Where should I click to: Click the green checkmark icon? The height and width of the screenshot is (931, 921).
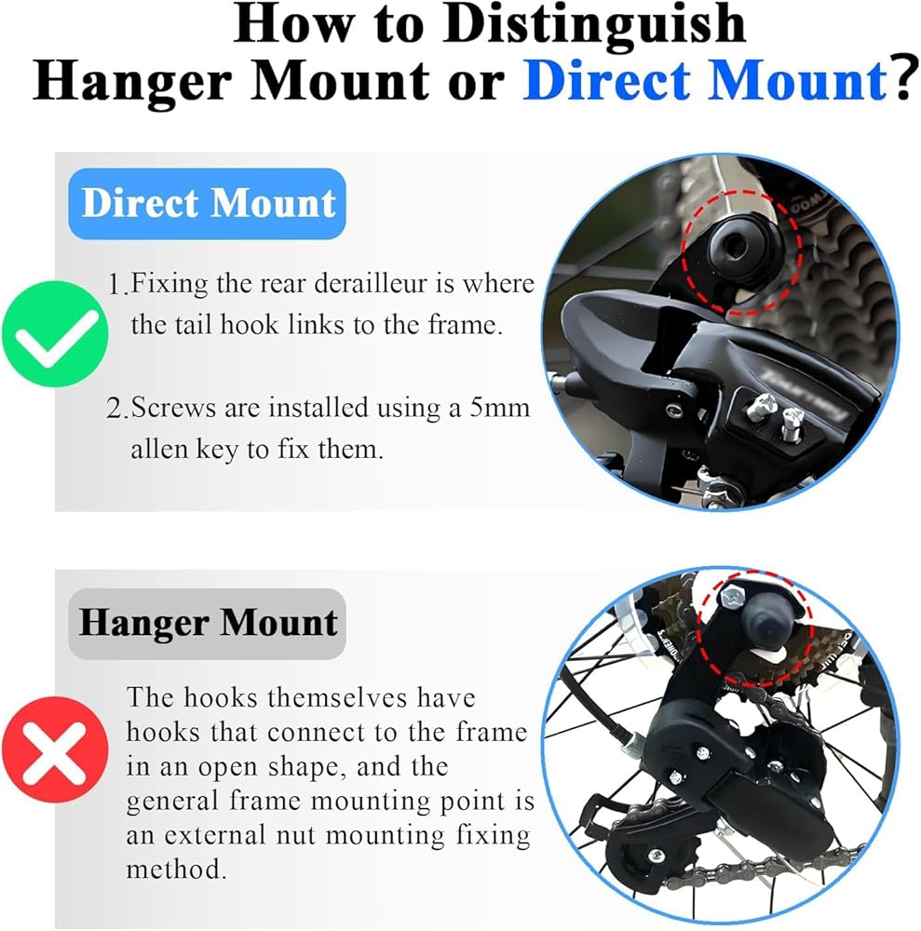55,334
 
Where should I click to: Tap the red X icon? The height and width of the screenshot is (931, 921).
55,749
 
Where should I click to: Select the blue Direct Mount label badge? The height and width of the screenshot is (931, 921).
208,204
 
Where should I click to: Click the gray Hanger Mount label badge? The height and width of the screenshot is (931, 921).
208,624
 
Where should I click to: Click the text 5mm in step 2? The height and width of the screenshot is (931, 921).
499,408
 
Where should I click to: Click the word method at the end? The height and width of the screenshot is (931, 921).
176,870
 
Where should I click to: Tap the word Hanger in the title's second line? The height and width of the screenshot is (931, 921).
132,81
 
